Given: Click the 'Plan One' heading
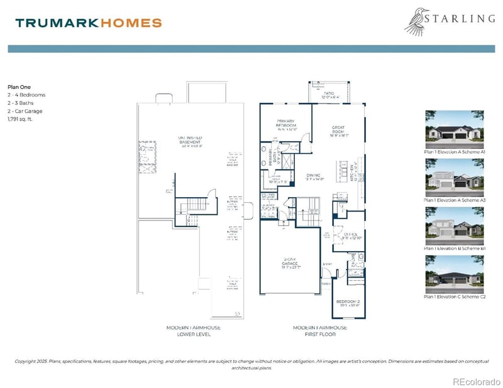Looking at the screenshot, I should (x=19, y=87).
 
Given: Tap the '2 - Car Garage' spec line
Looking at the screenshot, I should (x=25, y=110).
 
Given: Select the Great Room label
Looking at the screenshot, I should (x=338, y=130).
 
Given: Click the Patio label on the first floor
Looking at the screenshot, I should (x=331, y=95).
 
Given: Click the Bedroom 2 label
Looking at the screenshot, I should (x=348, y=304).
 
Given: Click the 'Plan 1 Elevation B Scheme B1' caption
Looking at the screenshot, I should (x=455, y=249).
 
